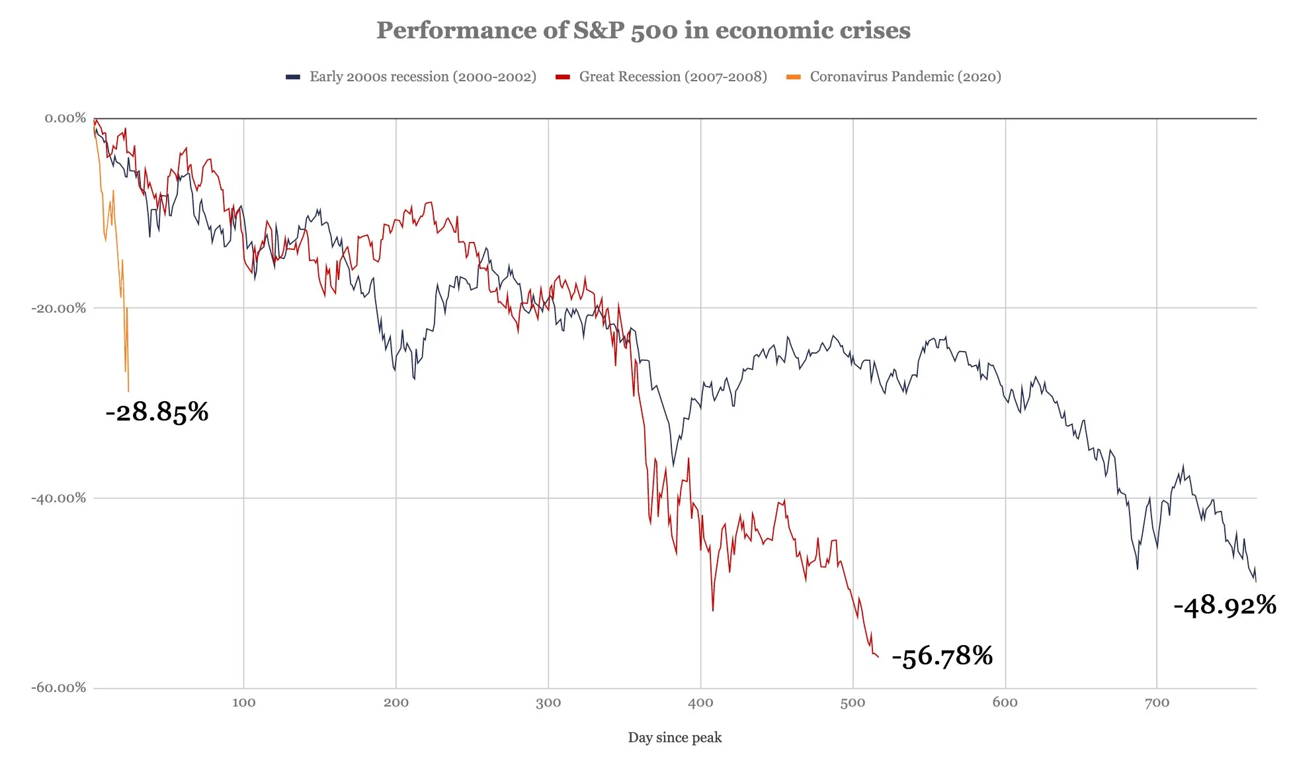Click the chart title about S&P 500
643,30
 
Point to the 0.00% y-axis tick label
65,118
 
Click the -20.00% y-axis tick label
59,308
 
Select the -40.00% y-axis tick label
59,498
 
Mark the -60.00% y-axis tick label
59,687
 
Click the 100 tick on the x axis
243,703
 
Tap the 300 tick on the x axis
548,703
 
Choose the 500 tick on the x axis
853,703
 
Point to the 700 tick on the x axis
1157,703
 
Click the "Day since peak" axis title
675,738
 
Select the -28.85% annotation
157,412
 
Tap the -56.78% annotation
942,656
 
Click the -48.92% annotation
1224,605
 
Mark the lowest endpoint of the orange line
128,391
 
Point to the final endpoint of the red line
878,657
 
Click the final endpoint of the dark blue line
1255,581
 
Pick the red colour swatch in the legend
563,77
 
